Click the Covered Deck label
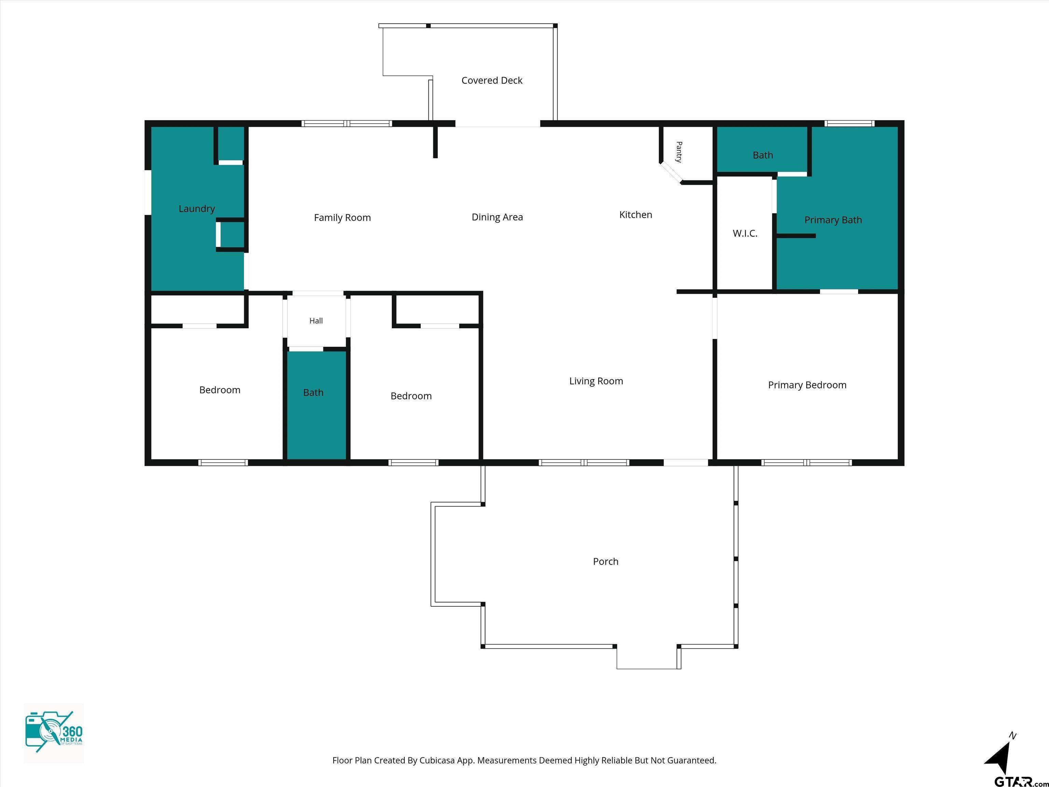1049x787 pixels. [492, 81]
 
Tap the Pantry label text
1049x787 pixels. [679, 152]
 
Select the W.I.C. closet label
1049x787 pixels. [745, 233]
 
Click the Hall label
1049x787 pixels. [316, 321]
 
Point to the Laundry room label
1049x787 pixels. [197, 209]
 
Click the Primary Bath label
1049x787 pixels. [833, 220]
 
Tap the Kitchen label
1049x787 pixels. [635, 215]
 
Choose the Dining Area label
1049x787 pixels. [497, 217]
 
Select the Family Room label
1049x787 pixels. [342, 218]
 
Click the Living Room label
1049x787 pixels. [596, 381]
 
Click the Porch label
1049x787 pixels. [605, 561]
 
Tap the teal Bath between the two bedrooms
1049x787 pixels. [313, 392]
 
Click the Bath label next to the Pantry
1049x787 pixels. [763, 155]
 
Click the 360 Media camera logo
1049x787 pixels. [54, 733]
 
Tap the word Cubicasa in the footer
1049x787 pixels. [437, 760]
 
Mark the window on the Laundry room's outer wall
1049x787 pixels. [148, 192]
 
